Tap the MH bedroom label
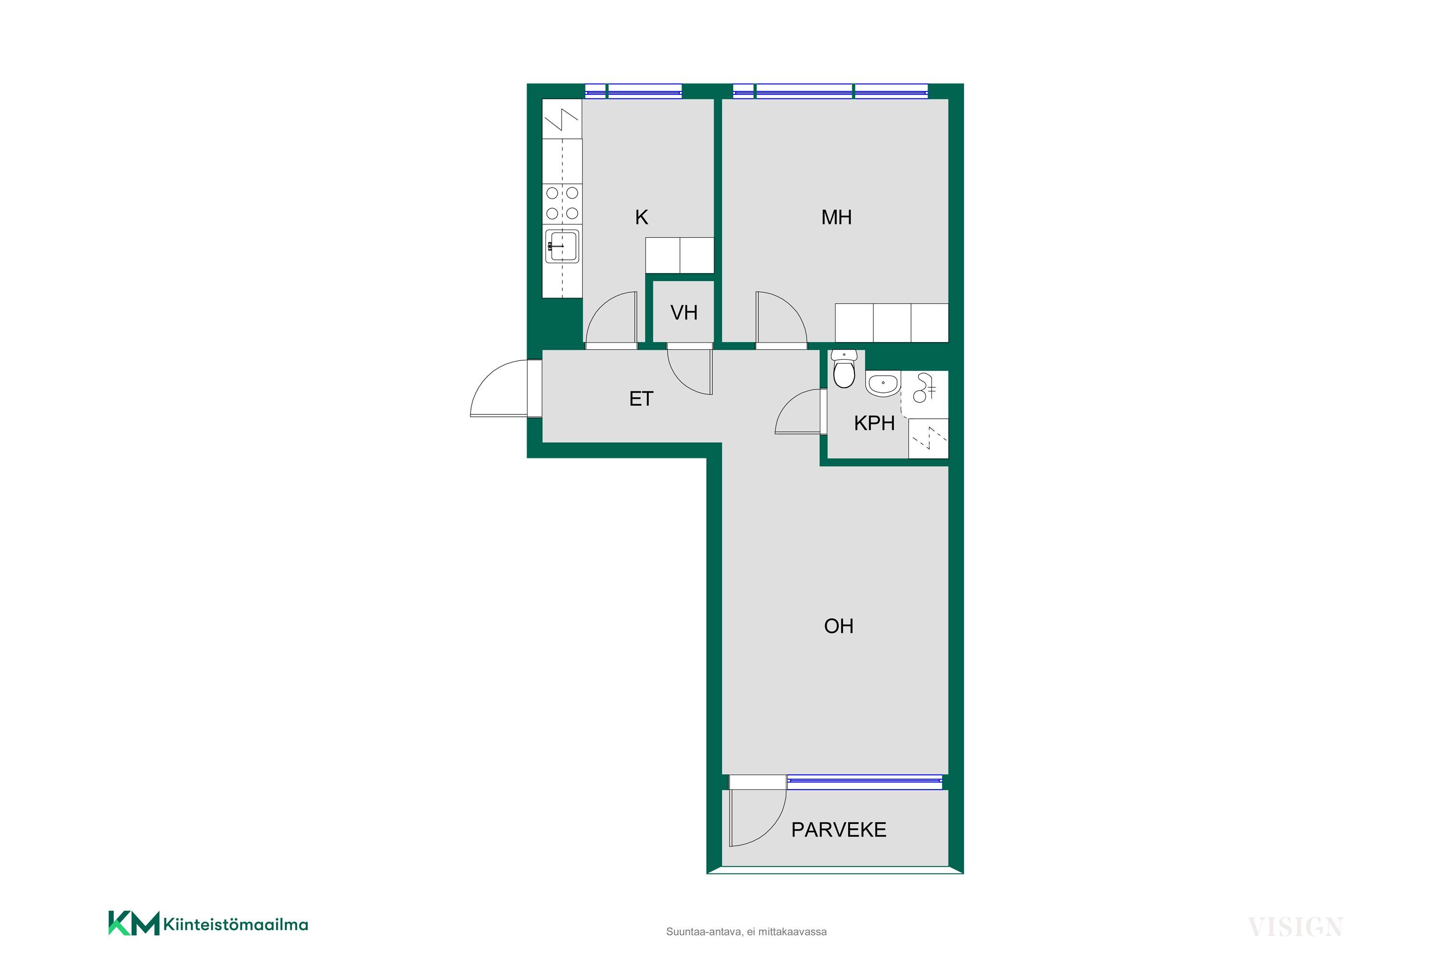(x=836, y=217)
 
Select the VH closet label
(x=684, y=312)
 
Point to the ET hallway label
(x=641, y=399)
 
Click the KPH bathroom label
(x=875, y=423)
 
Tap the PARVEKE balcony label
(x=838, y=829)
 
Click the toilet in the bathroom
(x=844, y=369)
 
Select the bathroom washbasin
(x=882, y=383)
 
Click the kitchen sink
(x=561, y=246)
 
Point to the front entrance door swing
(x=499, y=389)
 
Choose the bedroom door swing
(x=781, y=317)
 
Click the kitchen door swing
(x=611, y=317)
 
